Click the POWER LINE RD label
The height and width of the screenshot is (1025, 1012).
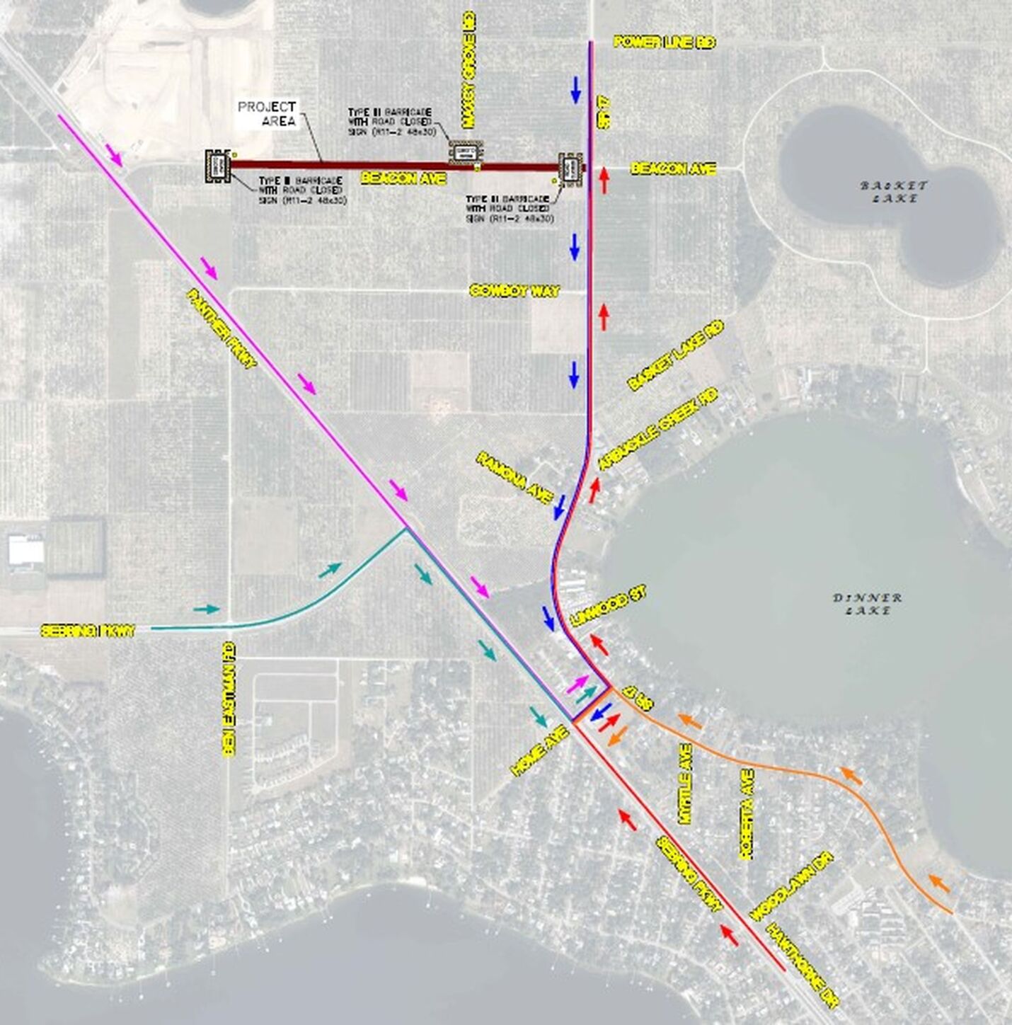click(x=665, y=42)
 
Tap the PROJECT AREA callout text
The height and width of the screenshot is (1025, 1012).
click(x=267, y=113)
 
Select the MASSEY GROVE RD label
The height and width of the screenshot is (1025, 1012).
click(x=468, y=69)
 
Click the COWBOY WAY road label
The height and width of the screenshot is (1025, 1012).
click(x=514, y=291)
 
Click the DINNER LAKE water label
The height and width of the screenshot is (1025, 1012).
click(x=867, y=604)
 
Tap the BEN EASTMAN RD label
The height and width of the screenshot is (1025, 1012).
click(x=228, y=699)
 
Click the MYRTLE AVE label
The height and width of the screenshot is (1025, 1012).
click(x=685, y=784)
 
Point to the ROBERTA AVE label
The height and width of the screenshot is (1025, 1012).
click(x=747, y=814)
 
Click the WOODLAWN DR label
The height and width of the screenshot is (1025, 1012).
click(x=792, y=886)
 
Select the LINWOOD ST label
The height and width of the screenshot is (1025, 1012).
click(x=609, y=607)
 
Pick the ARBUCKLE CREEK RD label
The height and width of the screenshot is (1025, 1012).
click(x=658, y=429)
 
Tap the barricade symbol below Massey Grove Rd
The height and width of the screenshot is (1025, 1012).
click(x=466, y=153)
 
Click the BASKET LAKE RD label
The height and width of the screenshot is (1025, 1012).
click(x=676, y=355)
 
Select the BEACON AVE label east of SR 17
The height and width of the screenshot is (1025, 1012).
click(x=673, y=168)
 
